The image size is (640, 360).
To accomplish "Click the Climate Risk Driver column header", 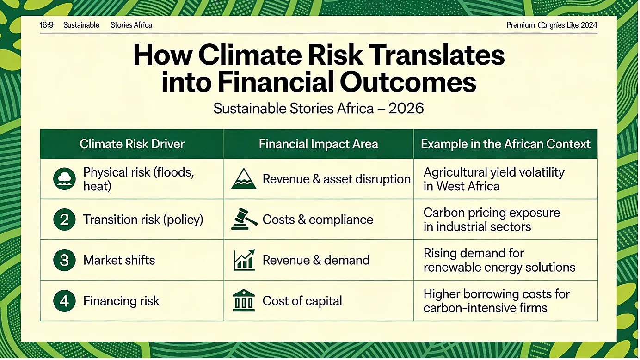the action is coord(132,144).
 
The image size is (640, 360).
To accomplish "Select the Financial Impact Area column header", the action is coord(319,144).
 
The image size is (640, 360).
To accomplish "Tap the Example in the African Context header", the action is coord(505,144).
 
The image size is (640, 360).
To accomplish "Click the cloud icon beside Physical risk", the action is coord(65,179).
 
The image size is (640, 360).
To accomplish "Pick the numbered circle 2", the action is coord(65,220).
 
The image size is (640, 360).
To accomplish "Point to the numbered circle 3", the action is coord(65,260).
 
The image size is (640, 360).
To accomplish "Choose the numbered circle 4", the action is coord(65,301).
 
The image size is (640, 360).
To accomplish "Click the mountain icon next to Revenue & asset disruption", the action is coord(244,179).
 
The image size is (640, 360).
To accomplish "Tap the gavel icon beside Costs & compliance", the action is coord(244,219).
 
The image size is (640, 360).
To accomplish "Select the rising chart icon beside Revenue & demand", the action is coord(244,260).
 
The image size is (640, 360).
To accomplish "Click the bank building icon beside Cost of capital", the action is coord(244,301).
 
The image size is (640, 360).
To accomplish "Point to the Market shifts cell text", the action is coord(119,260).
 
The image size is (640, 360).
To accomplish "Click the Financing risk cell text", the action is coord(122,301).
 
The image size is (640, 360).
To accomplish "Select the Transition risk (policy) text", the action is coord(143,220).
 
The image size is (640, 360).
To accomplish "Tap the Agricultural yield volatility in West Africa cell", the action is coord(494,179).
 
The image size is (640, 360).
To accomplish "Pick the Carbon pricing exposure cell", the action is coord(492,220).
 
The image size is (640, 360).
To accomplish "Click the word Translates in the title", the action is coord(434,55).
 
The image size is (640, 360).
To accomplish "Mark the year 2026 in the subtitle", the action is coord(406,109).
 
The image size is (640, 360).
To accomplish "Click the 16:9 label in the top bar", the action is coord(47,25).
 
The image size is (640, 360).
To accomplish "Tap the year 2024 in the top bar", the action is coord(589,25).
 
